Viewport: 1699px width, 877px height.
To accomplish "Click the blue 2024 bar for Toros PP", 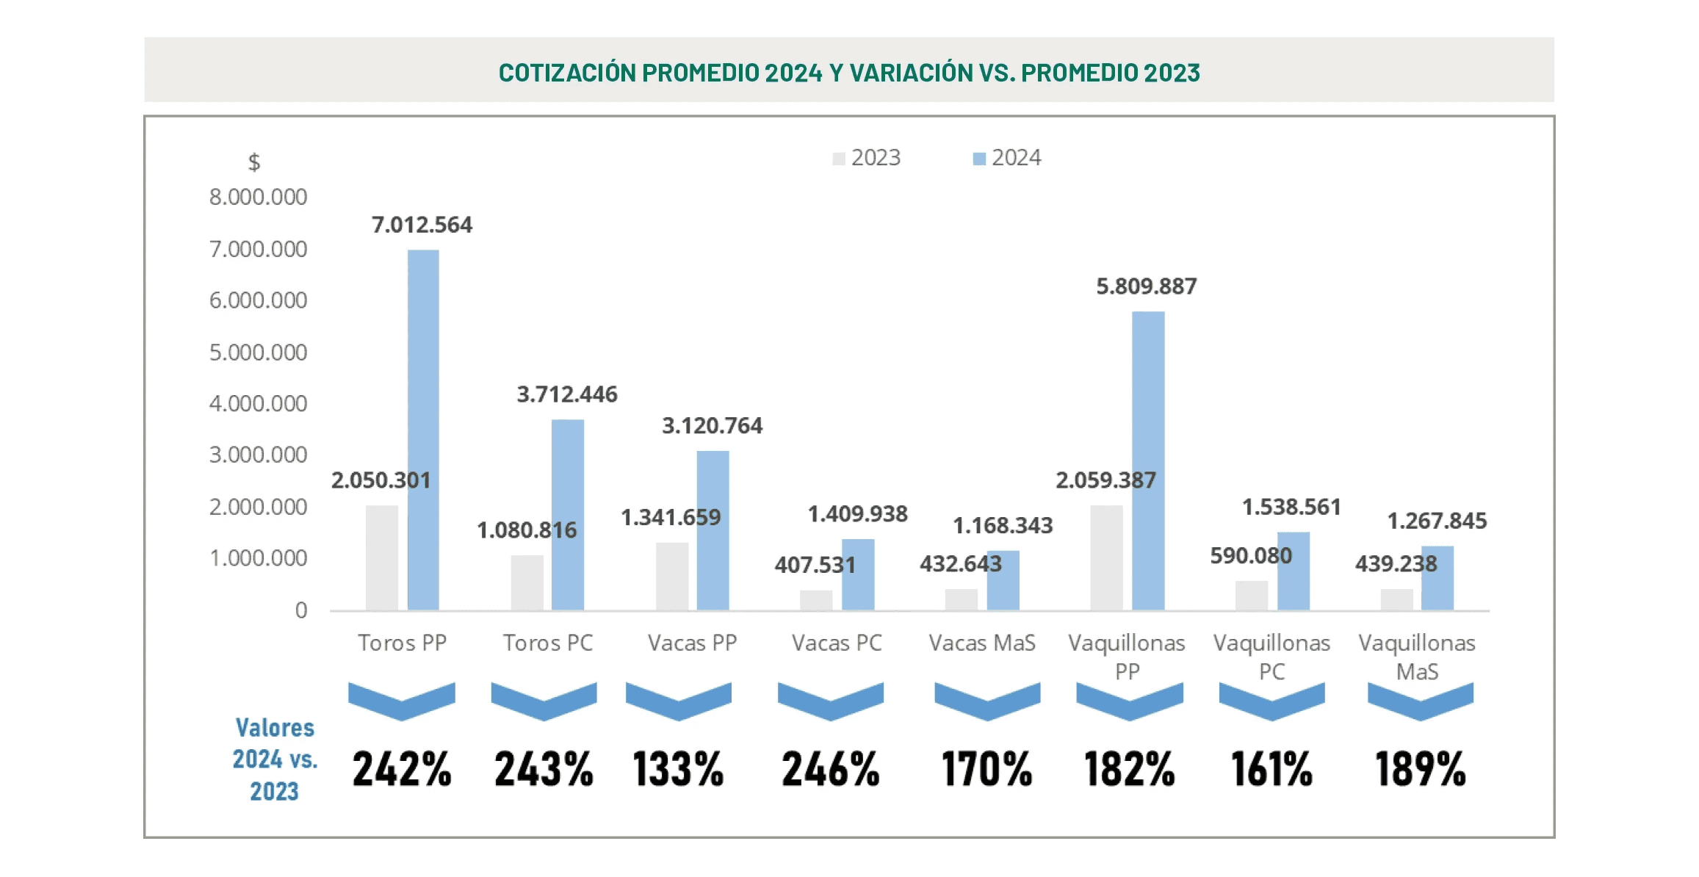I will (423, 430).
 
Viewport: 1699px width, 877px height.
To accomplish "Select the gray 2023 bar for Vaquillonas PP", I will (1106, 557).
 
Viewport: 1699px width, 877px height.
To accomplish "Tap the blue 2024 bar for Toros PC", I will (568, 514).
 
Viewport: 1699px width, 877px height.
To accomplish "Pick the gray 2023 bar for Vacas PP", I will (672, 576).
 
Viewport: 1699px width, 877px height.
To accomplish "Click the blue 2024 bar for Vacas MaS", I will (1003, 580).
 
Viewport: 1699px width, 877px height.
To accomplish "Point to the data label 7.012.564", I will (422, 225).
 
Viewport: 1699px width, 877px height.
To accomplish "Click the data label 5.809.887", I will (1146, 286).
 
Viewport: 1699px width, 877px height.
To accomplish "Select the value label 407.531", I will (815, 565).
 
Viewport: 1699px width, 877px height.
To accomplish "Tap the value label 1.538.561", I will (1291, 507).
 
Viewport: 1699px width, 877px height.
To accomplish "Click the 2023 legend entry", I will (867, 158).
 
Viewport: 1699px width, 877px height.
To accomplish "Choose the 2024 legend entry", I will (1007, 158).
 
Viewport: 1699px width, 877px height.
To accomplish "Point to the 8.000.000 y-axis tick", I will (258, 197).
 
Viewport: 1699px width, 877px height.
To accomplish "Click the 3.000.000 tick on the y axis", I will (258, 455).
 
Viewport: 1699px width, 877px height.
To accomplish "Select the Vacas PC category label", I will (837, 643).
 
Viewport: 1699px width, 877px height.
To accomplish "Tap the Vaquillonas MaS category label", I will (1417, 657).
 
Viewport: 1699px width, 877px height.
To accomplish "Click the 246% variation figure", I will (830, 769).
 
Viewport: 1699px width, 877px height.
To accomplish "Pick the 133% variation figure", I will (678, 769).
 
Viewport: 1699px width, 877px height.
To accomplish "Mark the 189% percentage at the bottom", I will (1420, 769).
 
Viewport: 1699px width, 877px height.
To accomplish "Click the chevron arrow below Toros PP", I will (402, 701).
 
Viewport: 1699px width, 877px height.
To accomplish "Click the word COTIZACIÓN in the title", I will (566, 73).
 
